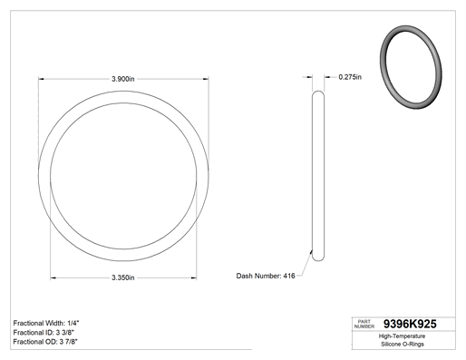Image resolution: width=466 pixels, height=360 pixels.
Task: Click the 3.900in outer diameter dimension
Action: (x=123, y=79)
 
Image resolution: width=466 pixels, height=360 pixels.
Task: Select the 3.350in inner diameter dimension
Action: (x=123, y=277)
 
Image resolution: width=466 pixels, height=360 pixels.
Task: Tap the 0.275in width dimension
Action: (x=350, y=77)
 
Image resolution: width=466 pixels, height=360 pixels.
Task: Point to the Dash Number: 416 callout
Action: (x=266, y=276)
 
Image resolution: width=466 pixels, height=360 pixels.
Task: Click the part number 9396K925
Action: (x=410, y=324)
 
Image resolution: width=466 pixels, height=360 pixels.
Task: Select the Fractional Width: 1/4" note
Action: (x=46, y=323)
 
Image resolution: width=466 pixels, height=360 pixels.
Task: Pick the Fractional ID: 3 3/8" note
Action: (x=44, y=333)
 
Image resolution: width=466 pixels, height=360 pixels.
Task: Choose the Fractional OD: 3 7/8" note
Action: (x=45, y=342)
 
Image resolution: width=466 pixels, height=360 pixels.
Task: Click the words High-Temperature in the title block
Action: (x=402, y=336)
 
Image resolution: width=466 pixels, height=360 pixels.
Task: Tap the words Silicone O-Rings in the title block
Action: (x=403, y=344)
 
